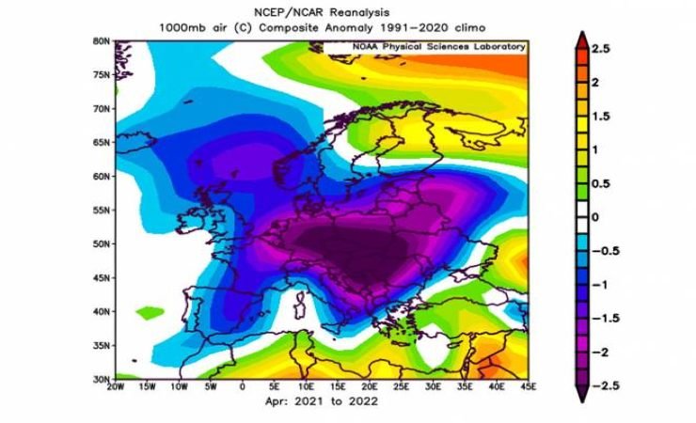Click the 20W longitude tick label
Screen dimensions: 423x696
pyautogui.click(x=115, y=385)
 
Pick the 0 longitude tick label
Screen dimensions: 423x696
pyautogui.click(x=243, y=385)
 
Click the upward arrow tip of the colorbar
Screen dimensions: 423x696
pyautogui.click(x=583, y=35)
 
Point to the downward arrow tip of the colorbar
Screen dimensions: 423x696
pyautogui.click(x=583, y=398)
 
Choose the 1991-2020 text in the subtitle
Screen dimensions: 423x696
pyautogui.click(x=403, y=27)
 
